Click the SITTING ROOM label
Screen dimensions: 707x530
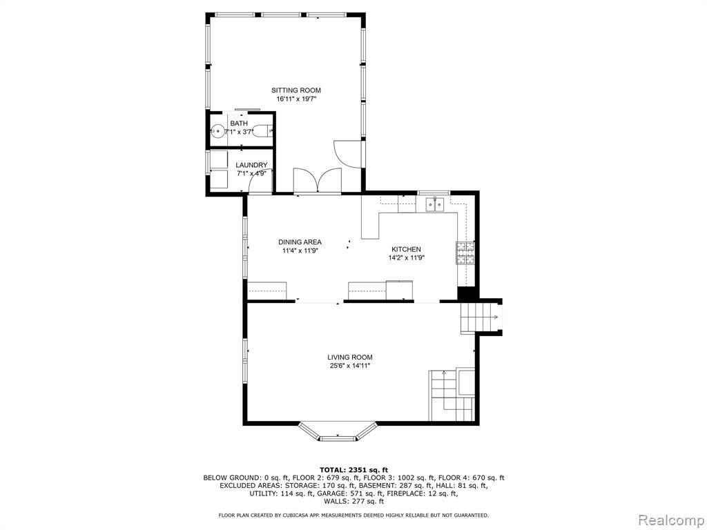[296, 90]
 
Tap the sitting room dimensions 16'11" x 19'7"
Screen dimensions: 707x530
[297, 99]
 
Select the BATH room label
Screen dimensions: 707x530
[239, 124]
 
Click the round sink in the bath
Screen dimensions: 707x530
[217, 132]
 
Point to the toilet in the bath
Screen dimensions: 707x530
[261, 131]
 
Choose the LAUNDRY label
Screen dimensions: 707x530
[251, 165]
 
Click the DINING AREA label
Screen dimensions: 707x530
[300, 242]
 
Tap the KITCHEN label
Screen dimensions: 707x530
[406, 249]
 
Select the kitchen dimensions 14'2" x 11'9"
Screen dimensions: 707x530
[407, 258]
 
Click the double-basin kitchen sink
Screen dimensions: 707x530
[435, 204]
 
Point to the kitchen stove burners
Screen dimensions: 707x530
[466, 253]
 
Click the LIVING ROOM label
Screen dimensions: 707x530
[350, 357]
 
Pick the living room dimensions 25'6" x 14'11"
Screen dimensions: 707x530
[350, 366]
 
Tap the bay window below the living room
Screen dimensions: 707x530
[338, 432]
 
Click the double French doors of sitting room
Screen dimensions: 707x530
[318, 180]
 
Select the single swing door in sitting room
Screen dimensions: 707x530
[347, 155]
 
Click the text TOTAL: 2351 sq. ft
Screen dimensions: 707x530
[354, 469]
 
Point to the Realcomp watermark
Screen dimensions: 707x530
[670, 520]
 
